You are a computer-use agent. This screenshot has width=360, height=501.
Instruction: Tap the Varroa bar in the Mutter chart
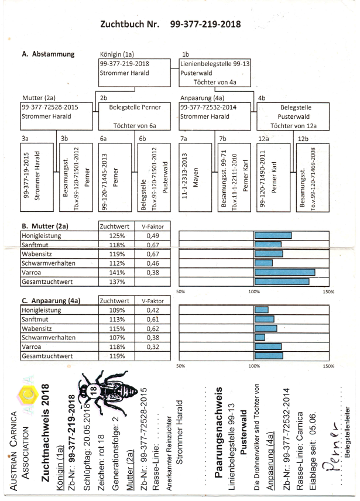pyautogui.click(x=284, y=272)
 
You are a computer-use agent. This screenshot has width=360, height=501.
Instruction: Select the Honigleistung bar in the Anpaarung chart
pyautogui.click(x=261, y=310)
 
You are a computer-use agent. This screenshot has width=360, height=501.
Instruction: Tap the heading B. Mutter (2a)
pyautogui.click(x=45, y=225)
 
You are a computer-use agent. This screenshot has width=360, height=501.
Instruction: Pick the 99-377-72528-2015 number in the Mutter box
pyautogui.click(x=49, y=108)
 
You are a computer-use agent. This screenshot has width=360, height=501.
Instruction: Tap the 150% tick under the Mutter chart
pyautogui.click(x=328, y=291)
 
